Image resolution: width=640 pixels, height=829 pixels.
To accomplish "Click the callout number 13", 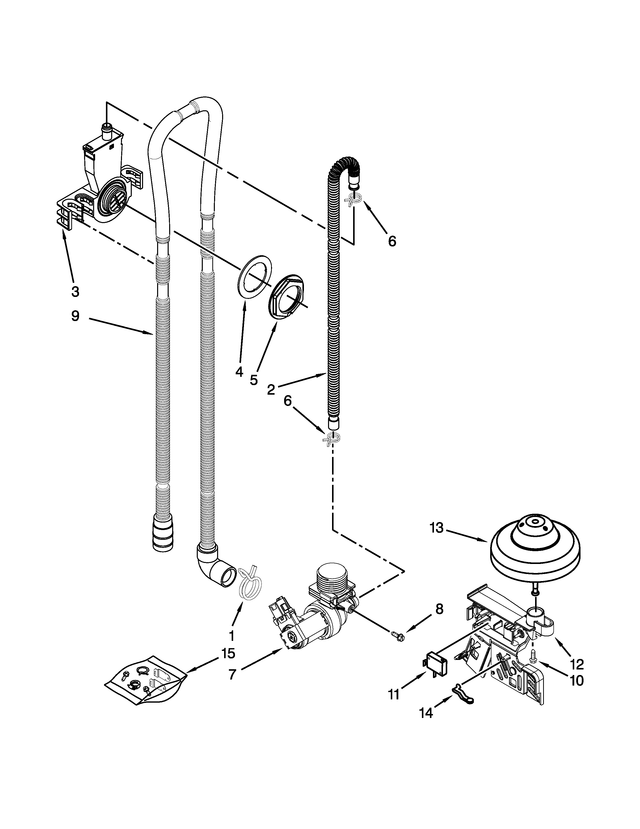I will click(437, 528).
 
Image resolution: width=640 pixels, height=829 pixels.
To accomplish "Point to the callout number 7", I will click(232, 674).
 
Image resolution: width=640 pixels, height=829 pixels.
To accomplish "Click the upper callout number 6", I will click(392, 241).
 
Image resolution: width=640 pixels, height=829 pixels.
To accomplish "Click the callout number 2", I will click(271, 389).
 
